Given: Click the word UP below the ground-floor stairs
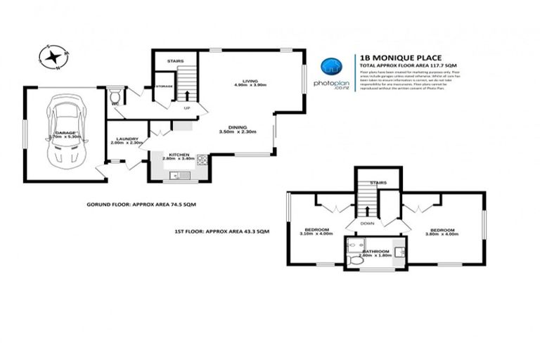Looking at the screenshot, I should click(186, 108).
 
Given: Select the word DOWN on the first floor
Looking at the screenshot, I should click(368, 224).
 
